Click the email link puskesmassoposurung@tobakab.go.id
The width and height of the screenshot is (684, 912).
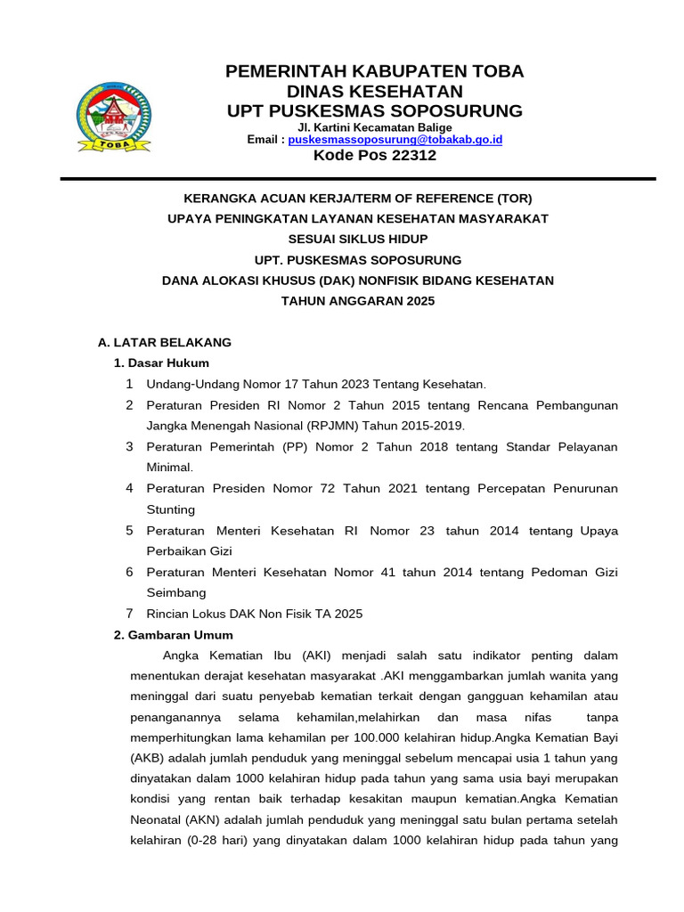(395, 140)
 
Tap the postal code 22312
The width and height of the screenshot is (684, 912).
(406, 155)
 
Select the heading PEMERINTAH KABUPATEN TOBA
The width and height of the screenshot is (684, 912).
(375, 71)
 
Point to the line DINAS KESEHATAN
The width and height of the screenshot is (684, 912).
(375, 91)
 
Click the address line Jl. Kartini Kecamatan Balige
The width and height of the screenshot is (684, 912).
(374, 127)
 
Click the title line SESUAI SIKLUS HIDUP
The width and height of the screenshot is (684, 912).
(358, 239)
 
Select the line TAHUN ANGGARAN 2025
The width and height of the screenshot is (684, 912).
(358, 301)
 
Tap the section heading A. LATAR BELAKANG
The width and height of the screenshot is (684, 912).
(164, 342)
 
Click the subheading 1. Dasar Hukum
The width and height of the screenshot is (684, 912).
(162, 362)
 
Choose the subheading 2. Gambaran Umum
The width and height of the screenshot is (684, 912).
(173, 635)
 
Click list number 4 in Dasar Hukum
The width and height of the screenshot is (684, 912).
(129, 488)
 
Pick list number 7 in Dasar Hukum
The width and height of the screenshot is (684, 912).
(129, 613)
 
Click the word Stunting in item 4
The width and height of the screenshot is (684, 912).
(170, 509)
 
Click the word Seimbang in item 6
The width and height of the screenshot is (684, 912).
(176, 592)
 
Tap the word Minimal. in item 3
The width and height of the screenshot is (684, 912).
(169, 467)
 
